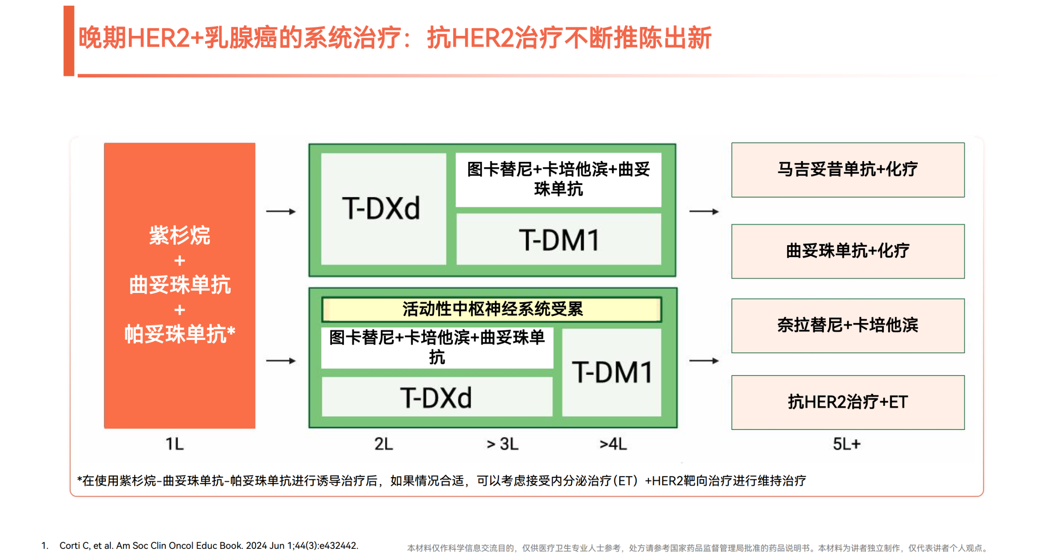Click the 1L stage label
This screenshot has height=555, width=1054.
coord(175,444)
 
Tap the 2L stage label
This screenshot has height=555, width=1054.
coord(383,444)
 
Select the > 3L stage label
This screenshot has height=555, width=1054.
coord(502,444)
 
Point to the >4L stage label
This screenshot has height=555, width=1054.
coord(613,444)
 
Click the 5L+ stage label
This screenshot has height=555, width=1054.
coord(846,444)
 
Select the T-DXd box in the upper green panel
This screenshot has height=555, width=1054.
coord(382,208)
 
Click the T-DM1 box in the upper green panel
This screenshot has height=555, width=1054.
coord(559,240)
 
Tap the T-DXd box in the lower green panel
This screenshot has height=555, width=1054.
coord(436,398)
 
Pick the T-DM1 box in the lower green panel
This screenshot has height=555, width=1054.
coord(612,372)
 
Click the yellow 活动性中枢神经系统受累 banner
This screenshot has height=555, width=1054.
coord(492,309)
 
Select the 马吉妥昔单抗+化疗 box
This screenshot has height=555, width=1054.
coord(847,170)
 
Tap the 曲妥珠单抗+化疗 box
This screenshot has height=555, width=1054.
coord(847,251)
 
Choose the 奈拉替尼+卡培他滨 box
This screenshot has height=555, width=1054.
coord(847,326)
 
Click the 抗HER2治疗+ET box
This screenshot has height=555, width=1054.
coord(847,402)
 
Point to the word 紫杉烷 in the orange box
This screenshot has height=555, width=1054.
coord(180,236)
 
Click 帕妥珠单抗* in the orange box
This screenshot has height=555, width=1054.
coord(180,334)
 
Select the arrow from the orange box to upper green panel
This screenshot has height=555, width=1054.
coord(281,212)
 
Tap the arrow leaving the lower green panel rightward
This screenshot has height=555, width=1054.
coord(704,361)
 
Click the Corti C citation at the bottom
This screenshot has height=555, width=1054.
coord(209,546)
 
